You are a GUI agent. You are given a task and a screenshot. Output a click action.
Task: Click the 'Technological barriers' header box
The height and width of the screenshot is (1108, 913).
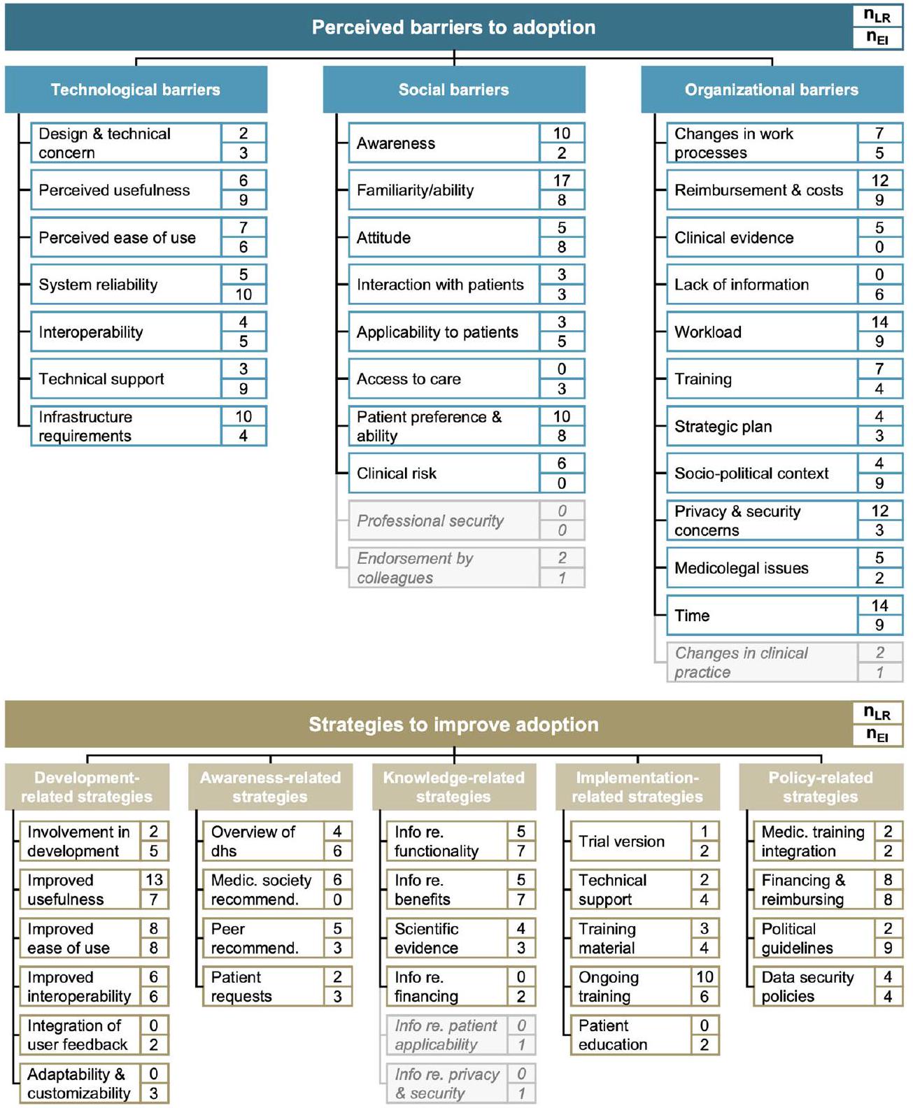coord(136,90)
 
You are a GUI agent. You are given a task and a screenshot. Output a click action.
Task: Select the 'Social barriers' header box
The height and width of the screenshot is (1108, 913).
coord(453,90)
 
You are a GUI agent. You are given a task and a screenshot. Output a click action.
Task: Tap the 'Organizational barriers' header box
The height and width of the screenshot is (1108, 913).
coord(771,90)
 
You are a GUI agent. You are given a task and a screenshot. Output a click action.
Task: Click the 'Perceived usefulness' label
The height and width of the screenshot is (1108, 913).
coord(114,190)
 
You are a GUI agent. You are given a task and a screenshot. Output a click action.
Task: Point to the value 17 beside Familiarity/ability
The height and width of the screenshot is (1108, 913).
coord(562,180)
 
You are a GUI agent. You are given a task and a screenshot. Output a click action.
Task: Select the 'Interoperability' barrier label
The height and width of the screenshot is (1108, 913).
coord(91,332)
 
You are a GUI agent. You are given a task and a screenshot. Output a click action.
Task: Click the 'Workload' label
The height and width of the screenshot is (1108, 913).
coord(708,332)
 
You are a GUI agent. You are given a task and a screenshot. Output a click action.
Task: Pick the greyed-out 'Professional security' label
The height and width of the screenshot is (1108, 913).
coord(430,521)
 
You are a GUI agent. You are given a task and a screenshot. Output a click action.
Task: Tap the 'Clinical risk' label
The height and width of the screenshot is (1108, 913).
coord(397,474)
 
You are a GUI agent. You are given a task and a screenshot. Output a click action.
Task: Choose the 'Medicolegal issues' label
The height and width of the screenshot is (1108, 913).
coord(742,568)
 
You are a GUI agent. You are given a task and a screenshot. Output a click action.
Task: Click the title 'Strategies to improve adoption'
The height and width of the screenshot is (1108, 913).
coord(453,725)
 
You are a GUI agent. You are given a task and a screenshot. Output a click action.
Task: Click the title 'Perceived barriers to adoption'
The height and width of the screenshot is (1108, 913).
coord(453,27)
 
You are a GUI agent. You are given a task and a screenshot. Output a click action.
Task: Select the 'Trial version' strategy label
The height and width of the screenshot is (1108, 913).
coord(621,841)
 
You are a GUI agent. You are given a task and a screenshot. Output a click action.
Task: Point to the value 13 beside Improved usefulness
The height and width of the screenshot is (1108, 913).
coord(154,880)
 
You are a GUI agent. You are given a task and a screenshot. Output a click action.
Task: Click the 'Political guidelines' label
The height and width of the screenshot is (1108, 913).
coord(797,938)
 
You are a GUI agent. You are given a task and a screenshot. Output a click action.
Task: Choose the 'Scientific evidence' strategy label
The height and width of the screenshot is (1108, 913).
coord(426,938)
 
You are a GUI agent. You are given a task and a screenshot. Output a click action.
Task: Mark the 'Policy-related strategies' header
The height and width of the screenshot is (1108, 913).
coord(820,787)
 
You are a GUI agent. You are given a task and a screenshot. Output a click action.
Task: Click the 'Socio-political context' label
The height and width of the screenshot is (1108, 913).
coord(751,474)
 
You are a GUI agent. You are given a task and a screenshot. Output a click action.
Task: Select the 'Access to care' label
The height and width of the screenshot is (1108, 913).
coord(409,379)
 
